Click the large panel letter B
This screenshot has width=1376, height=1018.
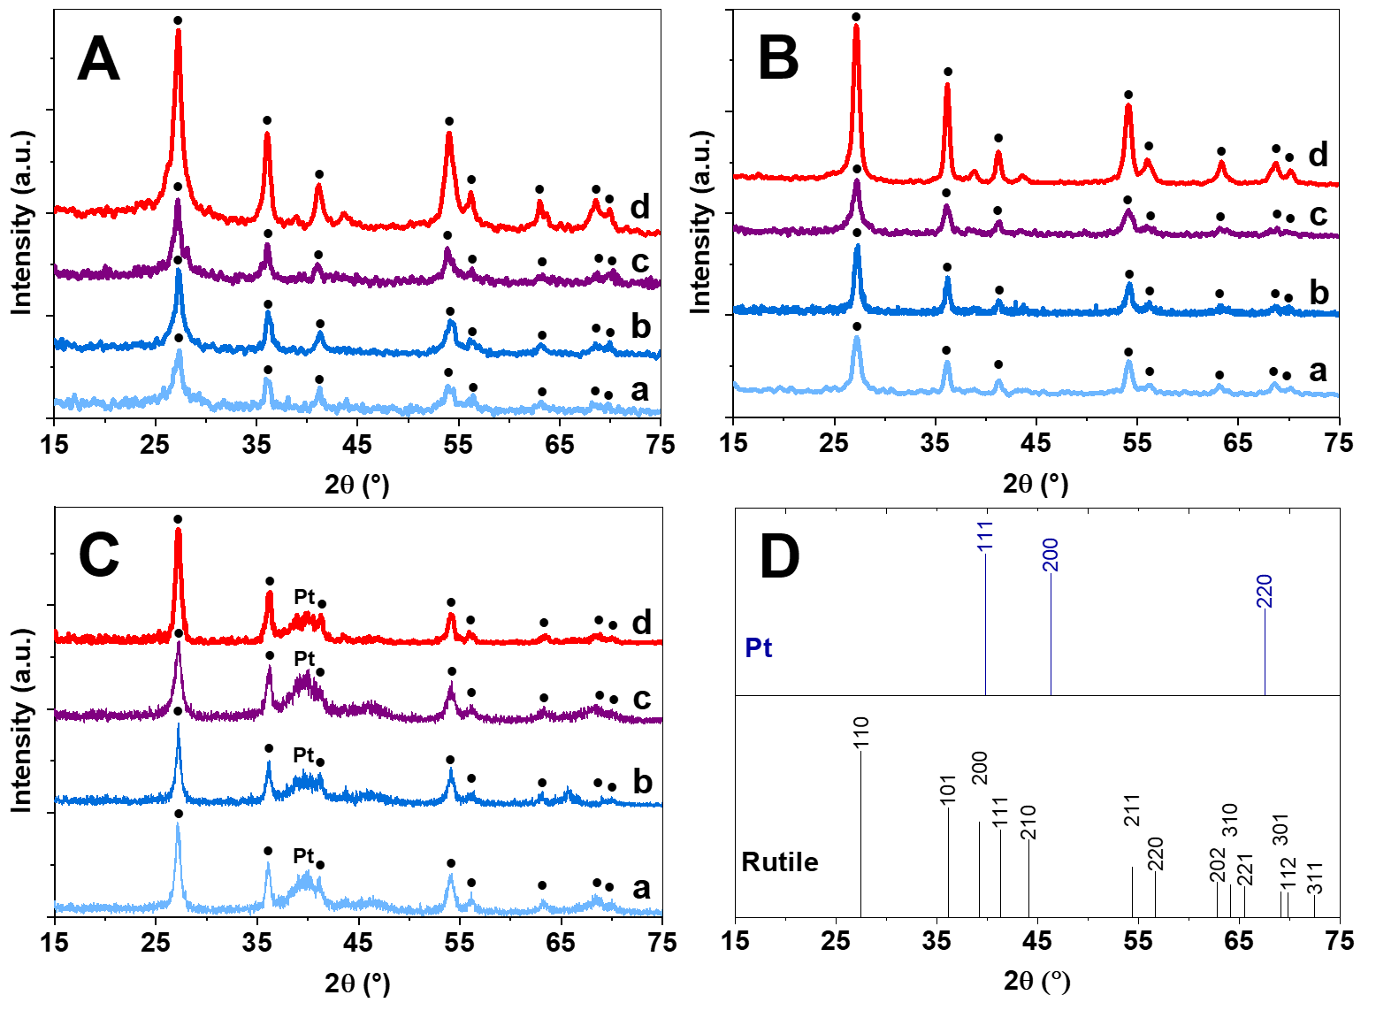(778, 58)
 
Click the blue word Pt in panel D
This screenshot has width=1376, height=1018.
(758, 648)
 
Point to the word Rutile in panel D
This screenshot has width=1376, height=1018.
(779, 862)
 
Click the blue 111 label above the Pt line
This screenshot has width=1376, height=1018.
(985, 536)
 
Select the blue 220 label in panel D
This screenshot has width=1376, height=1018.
(1264, 591)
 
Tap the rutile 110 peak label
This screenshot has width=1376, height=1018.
(861, 733)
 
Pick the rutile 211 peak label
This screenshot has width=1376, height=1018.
(1132, 810)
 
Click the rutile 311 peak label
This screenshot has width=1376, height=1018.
(1314, 876)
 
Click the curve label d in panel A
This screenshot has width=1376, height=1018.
(639, 208)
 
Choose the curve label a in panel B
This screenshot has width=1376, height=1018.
(1318, 371)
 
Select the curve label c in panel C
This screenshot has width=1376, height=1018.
(642, 699)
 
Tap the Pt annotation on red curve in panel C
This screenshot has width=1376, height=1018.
(304, 598)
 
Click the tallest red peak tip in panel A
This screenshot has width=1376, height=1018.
(178, 32)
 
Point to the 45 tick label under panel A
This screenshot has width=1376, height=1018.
(357, 445)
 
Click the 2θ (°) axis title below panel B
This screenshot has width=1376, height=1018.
(1036, 484)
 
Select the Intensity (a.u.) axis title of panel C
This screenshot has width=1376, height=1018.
(21, 713)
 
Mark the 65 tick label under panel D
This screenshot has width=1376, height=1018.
(1238, 941)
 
